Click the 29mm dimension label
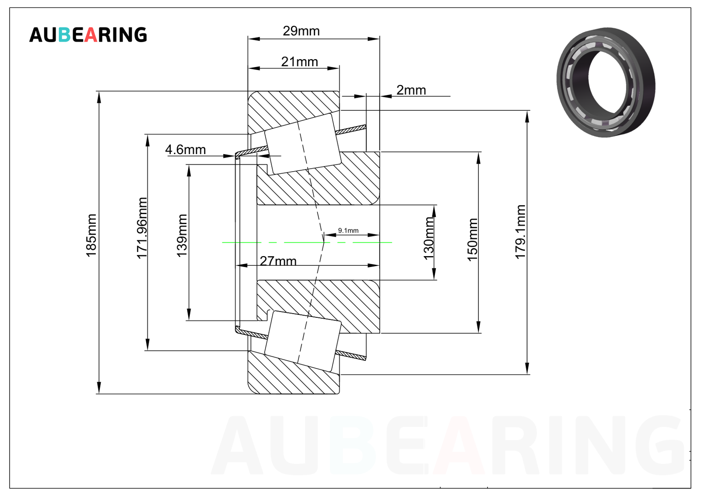click(301, 31)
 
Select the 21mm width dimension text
click(299, 62)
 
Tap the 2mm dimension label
click(411, 90)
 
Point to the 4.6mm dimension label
click(185, 150)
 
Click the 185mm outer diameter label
click(91, 236)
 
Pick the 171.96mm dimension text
click(142, 228)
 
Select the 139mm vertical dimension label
click(182, 236)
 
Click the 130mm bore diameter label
click(429, 239)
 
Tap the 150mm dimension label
click(472, 239)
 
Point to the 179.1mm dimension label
click(520, 232)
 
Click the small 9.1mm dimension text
click(348, 230)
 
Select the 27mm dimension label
click(278, 261)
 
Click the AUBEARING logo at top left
click(88, 35)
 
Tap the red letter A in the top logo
click(91, 35)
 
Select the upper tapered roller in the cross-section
click(303, 144)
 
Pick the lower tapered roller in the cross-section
click(303, 341)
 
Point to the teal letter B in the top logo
click(64, 35)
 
